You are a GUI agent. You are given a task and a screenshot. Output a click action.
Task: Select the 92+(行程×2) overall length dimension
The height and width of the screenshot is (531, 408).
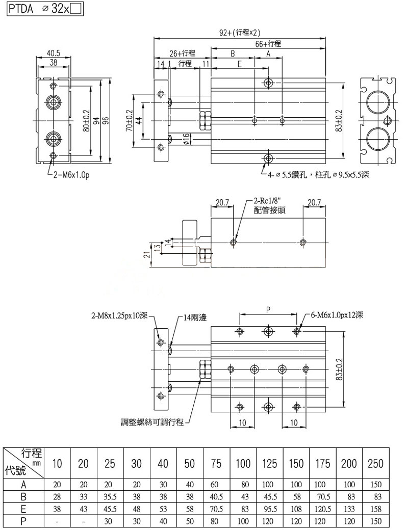(239, 33)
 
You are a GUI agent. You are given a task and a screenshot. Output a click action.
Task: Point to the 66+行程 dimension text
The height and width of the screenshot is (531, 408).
(268, 44)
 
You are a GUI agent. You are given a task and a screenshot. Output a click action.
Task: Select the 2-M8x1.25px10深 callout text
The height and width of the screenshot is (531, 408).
(119, 315)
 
